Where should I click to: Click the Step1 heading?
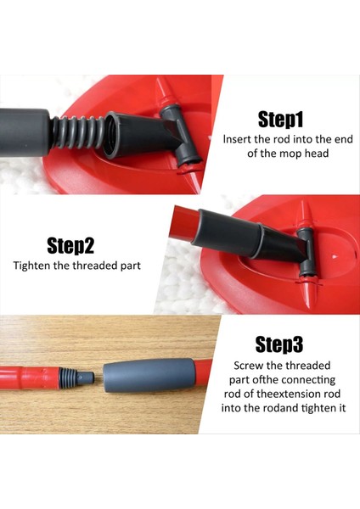tap(281, 119)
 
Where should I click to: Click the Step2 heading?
tap(70, 245)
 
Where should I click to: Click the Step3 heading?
tap(279, 344)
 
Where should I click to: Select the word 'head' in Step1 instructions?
tap(317, 153)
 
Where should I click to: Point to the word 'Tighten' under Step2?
tap(31, 266)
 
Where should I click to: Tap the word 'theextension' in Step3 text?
tap(284, 394)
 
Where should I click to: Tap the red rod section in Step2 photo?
tap(184, 224)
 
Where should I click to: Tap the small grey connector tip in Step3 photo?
tap(84, 377)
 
